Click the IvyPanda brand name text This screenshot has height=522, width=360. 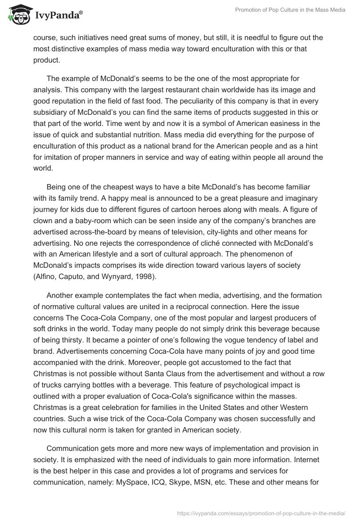[57, 16]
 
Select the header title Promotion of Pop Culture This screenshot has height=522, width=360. [291, 10]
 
